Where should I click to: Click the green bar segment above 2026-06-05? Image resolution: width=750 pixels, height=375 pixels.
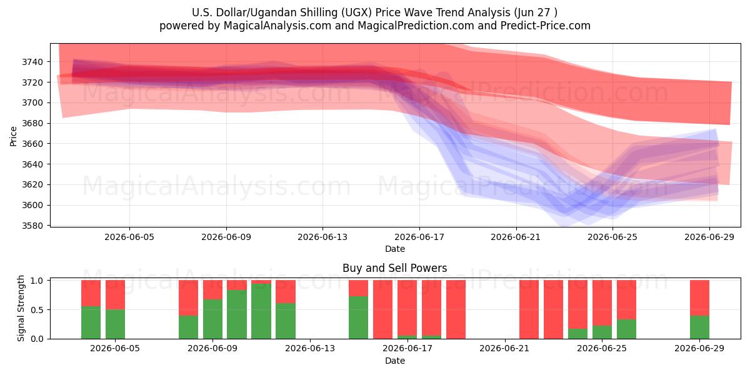click(x=115, y=324)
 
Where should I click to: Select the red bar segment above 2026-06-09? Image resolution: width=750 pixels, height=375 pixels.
click(x=212, y=289)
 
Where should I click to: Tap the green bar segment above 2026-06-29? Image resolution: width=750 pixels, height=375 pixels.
click(x=699, y=327)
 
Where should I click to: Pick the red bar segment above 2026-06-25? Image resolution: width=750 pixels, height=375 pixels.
click(x=602, y=303)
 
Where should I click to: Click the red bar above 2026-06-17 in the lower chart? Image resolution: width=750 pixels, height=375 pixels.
click(x=407, y=308)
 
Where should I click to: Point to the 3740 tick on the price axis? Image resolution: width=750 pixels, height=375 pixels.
click(x=32, y=62)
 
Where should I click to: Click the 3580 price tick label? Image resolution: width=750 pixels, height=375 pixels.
click(x=32, y=226)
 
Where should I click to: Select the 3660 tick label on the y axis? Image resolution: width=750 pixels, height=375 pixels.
click(x=32, y=144)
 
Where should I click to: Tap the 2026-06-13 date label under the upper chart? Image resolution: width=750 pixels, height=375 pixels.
click(x=322, y=237)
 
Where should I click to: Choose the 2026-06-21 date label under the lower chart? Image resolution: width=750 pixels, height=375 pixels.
click(x=504, y=349)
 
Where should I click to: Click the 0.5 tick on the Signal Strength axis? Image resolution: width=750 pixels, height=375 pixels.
click(x=37, y=310)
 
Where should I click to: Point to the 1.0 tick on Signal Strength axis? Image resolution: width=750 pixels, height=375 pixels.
click(x=37, y=281)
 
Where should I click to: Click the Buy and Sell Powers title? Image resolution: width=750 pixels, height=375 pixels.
click(x=395, y=268)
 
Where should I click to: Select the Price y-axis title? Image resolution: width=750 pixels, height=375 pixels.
click(x=13, y=136)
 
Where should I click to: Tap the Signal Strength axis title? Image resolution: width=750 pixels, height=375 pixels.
click(x=21, y=308)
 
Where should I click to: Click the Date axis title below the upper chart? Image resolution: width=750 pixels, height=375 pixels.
click(x=395, y=249)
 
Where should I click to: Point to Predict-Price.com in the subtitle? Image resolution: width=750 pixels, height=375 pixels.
click(x=546, y=26)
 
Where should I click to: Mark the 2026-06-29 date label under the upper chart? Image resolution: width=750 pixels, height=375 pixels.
click(x=709, y=237)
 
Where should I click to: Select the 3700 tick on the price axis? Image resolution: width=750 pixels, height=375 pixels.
click(x=32, y=102)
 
